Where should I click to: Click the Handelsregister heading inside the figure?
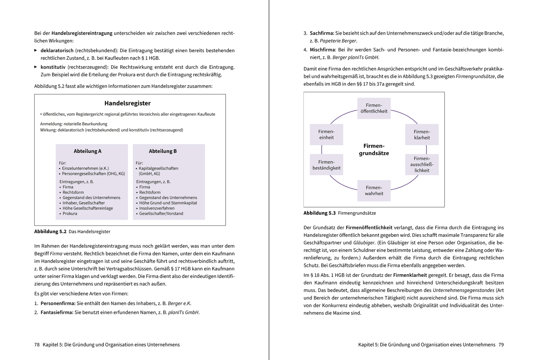pyautogui.click(x=127, y=103)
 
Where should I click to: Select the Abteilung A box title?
pyautogui.click(x=87, y=151)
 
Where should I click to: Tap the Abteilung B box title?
pyautogui.click(x=163, y=151)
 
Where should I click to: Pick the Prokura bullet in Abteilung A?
pyautogui.click(x=70, y=214)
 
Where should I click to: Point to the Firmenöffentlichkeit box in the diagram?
pyautogui.click(x=374, y=108)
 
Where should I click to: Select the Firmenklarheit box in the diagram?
pyautogui.click(x=422, y=135)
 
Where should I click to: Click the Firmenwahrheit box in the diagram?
pyautogui.click(x=374, y=190)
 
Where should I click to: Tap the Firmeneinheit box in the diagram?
pyautogui.click(x=326, y=135)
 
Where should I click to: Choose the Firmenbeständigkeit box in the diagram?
pyautogui.click(x=326, y=165)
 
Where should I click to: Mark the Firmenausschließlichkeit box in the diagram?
pyautogui.click(x=422, y=165)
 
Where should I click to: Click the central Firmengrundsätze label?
pyautogui.click(x=374, y=150)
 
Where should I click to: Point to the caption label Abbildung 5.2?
pyautogui.click(x=50, y=231)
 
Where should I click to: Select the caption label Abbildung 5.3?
pyautogui.click(x=319, y=213)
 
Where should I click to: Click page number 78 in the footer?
pyautogui.click(x=37, y=345)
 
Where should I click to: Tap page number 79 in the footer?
pyautogui.click(x=501, y=345)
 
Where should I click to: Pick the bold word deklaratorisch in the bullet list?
pyautogui.click(x=57, y=50)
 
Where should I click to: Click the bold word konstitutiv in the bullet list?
pyautogui.click(x=53, y=67)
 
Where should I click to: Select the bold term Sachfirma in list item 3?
pyautogui.click(x=322, y=33)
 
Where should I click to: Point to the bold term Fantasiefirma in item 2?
pyautogui.click(x=57, y=312)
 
